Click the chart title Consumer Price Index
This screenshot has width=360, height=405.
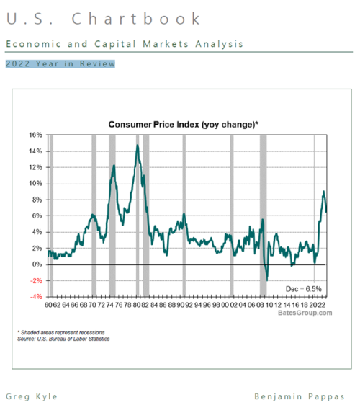click(183, 124)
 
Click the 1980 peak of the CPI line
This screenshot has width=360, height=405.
click(137, 146)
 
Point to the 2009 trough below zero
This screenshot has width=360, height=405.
click(266, 280)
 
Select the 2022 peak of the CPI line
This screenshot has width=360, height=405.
click(323, 192)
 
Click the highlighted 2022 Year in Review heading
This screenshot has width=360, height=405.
click(60, 64)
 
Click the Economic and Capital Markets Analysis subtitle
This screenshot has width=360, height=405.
click(124, 44)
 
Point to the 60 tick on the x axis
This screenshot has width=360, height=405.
click(48, 305)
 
